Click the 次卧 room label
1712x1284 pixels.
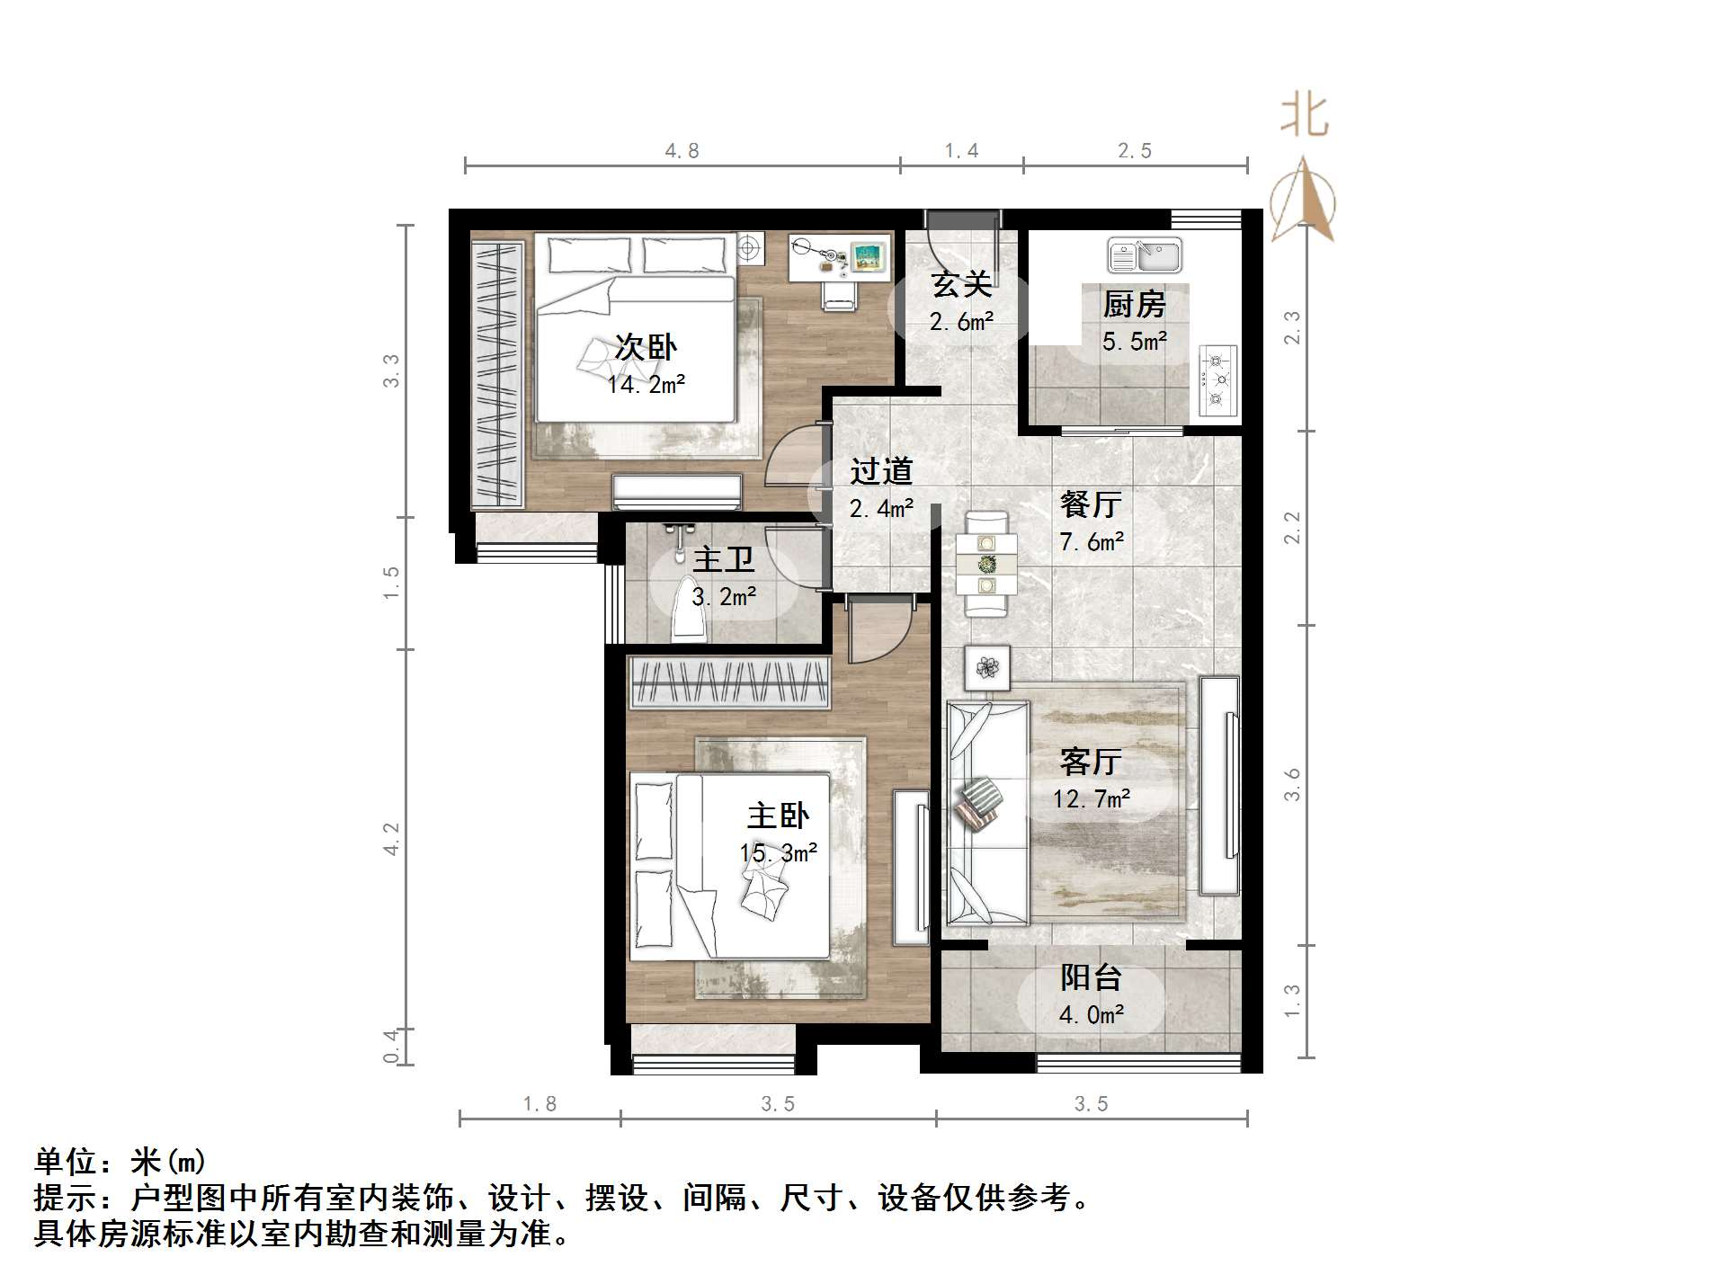(x=646, y=347)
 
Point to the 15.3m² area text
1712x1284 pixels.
(x=779, y=852)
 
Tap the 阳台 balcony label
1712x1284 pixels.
(x=1091, y=977)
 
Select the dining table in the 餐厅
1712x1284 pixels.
(x=986, y=565)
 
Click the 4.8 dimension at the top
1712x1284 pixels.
(x=682, y=151)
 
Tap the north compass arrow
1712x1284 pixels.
(x=1303, y=200)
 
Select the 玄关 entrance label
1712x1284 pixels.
(x=961, y=284)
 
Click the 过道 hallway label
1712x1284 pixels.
(x=881, y=470)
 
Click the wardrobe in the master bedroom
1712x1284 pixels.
(x=728, y=684)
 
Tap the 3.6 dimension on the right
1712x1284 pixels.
(x=1292, y=784)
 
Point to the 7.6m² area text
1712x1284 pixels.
(x=1092, y=542)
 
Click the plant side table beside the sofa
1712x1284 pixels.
(x=987, y=668)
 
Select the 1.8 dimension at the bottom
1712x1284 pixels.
(x=539, y=1103)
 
